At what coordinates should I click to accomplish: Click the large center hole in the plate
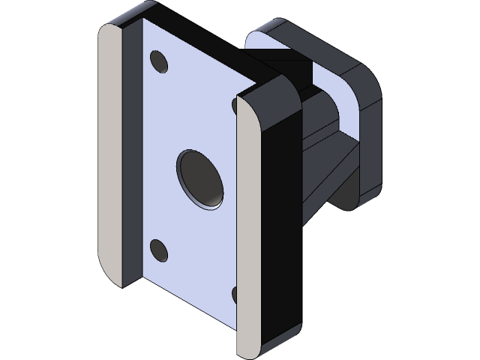click(x=200, y=178)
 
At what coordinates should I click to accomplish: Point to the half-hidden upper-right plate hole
click(x=235, y=106)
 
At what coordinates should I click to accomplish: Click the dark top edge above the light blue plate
click(x=195, y=30)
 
